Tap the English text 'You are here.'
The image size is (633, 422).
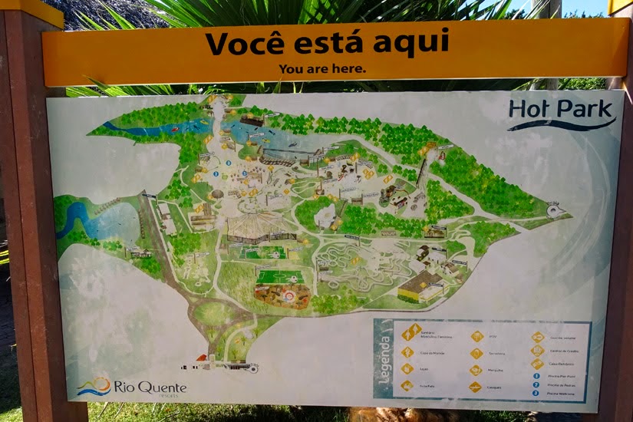coord(322,68)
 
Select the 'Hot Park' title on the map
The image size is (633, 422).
coord(561,110)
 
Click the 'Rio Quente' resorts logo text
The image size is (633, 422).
coord(150,387)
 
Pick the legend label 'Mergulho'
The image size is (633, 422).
coord(496,370)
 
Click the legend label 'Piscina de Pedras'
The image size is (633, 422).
coord(563,384)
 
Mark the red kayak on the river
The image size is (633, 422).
coord(176,129)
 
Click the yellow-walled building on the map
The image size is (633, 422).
coord(419,287)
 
